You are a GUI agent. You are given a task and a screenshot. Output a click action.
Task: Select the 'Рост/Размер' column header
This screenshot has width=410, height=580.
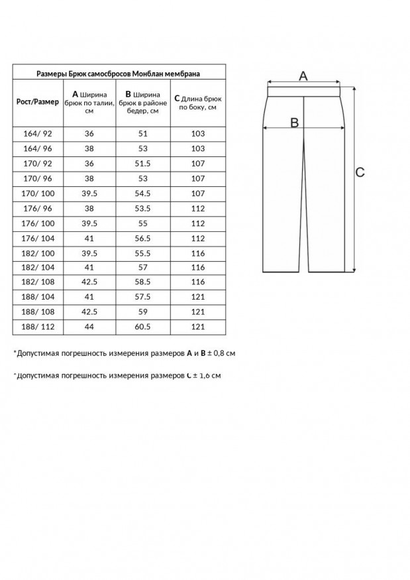[37, 101]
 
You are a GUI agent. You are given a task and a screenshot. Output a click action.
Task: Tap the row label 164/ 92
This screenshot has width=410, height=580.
[37, 133]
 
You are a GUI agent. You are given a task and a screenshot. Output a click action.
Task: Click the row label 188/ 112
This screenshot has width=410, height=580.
[37, 327]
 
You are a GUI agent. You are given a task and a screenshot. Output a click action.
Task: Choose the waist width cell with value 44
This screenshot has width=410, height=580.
[89, 327]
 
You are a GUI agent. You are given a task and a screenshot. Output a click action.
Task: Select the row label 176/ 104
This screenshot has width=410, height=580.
[37, 238]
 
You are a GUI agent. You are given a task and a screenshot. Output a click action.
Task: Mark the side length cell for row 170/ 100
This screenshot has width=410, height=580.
[198, 193]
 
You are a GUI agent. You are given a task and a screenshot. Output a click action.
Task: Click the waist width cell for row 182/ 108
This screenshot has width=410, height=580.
[89, 282]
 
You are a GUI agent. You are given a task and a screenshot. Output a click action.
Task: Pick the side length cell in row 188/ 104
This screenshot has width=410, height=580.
[198, 298]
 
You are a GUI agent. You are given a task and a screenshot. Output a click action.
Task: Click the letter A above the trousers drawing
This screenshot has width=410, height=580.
[303, 76]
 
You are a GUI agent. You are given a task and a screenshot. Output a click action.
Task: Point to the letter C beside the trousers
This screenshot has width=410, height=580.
[360, 172]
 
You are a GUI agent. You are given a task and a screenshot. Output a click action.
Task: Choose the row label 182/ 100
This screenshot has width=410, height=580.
[37, 253]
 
